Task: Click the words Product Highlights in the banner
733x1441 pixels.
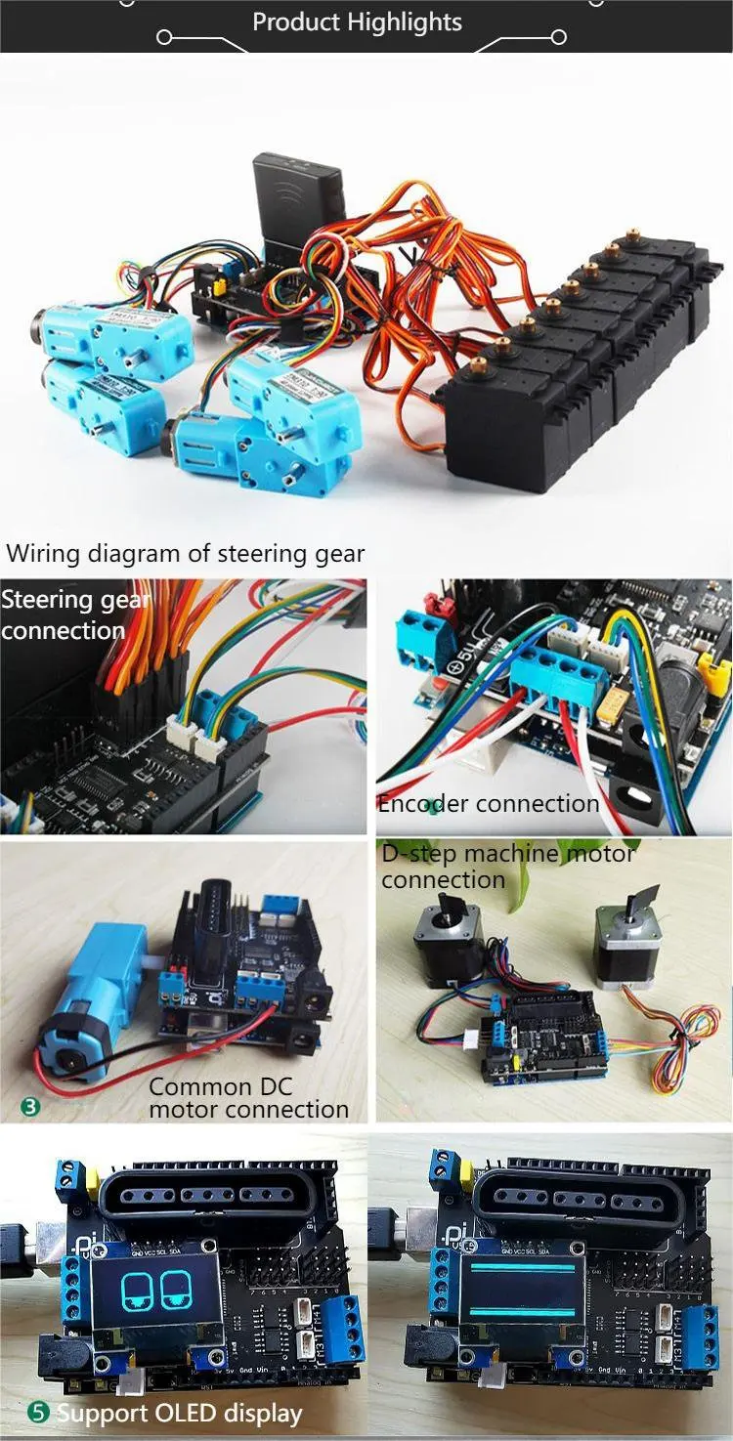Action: (x=357, y=21)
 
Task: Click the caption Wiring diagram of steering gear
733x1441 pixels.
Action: (x=186, y=554)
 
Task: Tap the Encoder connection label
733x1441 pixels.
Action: (x=489, y=804)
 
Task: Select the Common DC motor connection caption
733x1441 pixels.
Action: (x=248, y=1098)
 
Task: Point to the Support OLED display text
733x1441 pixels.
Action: (x=179, y=1413)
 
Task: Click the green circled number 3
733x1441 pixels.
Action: (x=31, y=1107)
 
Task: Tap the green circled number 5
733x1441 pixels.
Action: (x=38, y=1413)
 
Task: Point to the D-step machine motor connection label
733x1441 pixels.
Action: (x=508, y=867)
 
